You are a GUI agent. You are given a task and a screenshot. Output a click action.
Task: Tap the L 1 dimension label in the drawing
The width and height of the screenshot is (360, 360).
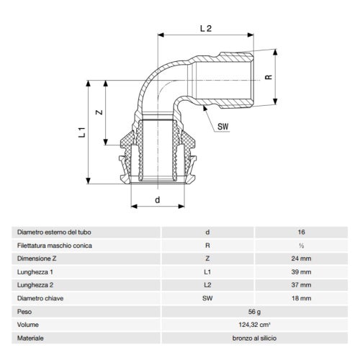click(82, 133)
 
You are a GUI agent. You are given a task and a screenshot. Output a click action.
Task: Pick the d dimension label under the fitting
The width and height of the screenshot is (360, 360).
click(156, 201)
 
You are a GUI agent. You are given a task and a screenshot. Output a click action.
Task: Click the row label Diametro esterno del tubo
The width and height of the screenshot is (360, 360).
click(55, 233)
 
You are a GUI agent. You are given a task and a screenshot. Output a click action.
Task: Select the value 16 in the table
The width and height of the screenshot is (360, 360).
click(301, 233)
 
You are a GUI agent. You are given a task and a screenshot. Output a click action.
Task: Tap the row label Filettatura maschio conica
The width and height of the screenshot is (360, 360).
click(55, 246)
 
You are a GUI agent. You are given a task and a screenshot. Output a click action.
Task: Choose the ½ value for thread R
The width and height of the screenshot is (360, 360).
click(301, 246)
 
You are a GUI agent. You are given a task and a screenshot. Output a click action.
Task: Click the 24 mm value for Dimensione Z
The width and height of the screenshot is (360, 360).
click(301, 258)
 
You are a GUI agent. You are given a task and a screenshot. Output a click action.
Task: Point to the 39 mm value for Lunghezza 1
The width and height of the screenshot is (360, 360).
click(301, 272)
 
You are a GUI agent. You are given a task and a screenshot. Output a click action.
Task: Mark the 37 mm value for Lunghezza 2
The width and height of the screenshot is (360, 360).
click(301, 285)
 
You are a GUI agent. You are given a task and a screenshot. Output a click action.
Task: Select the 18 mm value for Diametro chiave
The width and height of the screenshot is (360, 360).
click(301, 298)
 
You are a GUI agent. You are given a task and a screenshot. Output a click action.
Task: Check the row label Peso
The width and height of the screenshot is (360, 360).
click(26, 311)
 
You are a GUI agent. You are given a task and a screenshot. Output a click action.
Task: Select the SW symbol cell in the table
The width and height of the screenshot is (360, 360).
click(208, 298)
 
